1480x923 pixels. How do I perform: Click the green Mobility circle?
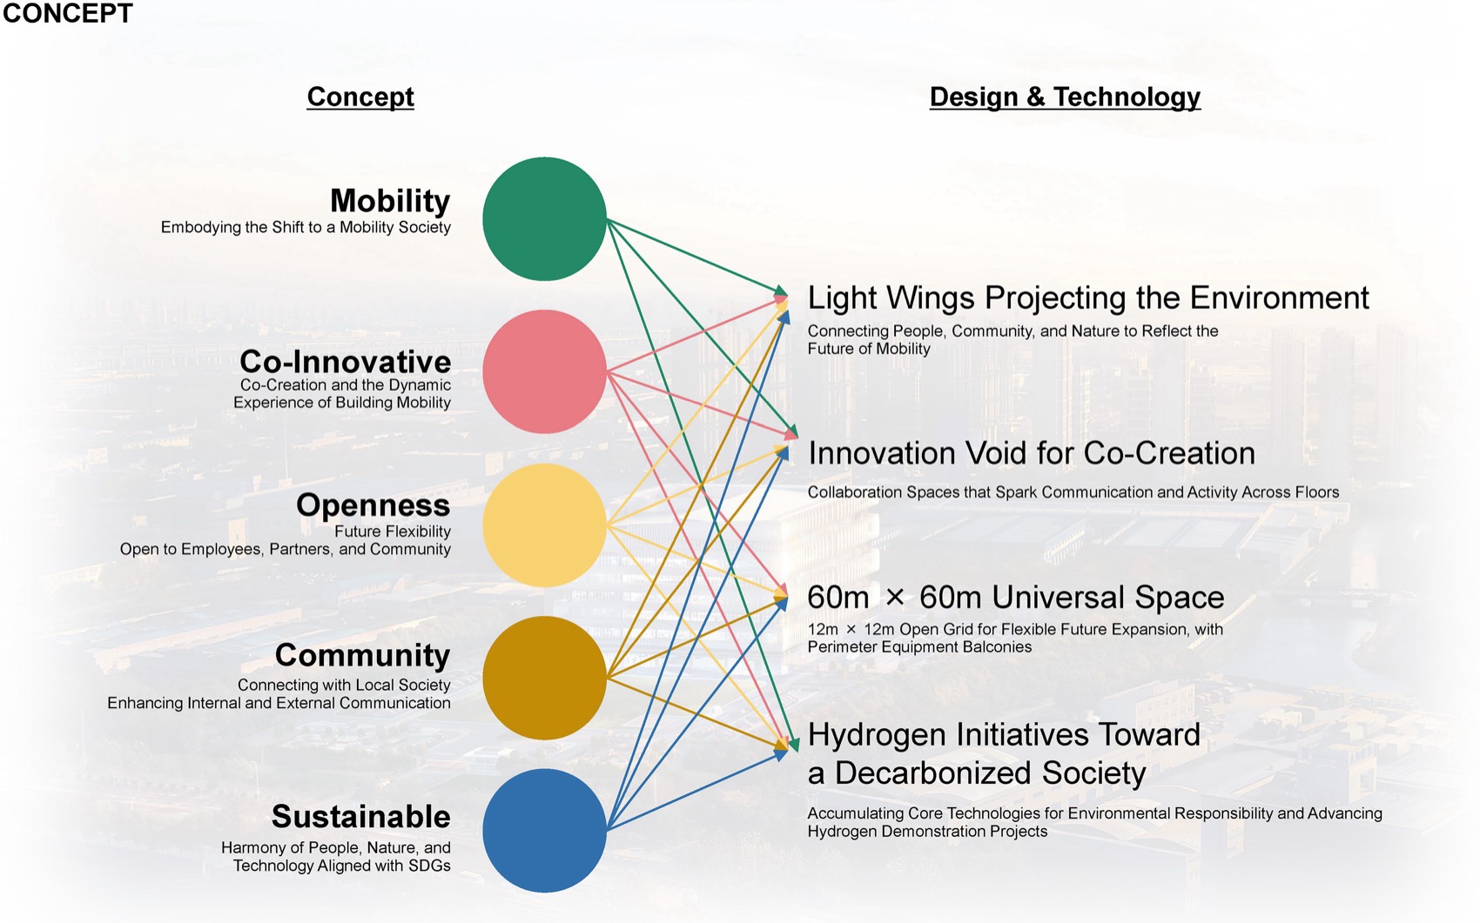(x=544, y=218)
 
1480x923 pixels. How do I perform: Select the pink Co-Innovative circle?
(x=544, y=371)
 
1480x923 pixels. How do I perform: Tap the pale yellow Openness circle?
(x=544, y=525)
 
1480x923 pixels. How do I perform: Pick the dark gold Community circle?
(x=544, y=678)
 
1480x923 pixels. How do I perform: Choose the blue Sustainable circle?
(x=544, y=831)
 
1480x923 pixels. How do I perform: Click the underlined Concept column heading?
(x=360, y=97)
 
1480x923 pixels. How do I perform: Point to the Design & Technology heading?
(x=1065, y=97)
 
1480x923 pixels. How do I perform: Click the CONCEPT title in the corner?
(x=67, y=13)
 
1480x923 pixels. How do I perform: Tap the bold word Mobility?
(x=390, y=201)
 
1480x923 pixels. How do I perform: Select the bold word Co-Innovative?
(x=345, y=362)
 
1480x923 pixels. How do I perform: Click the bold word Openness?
(x=373, y=505)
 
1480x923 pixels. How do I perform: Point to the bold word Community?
(x=363, y=656)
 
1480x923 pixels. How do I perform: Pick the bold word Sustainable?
(x=360, y=817)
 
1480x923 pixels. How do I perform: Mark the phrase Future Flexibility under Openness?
(x=393, y=532)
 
